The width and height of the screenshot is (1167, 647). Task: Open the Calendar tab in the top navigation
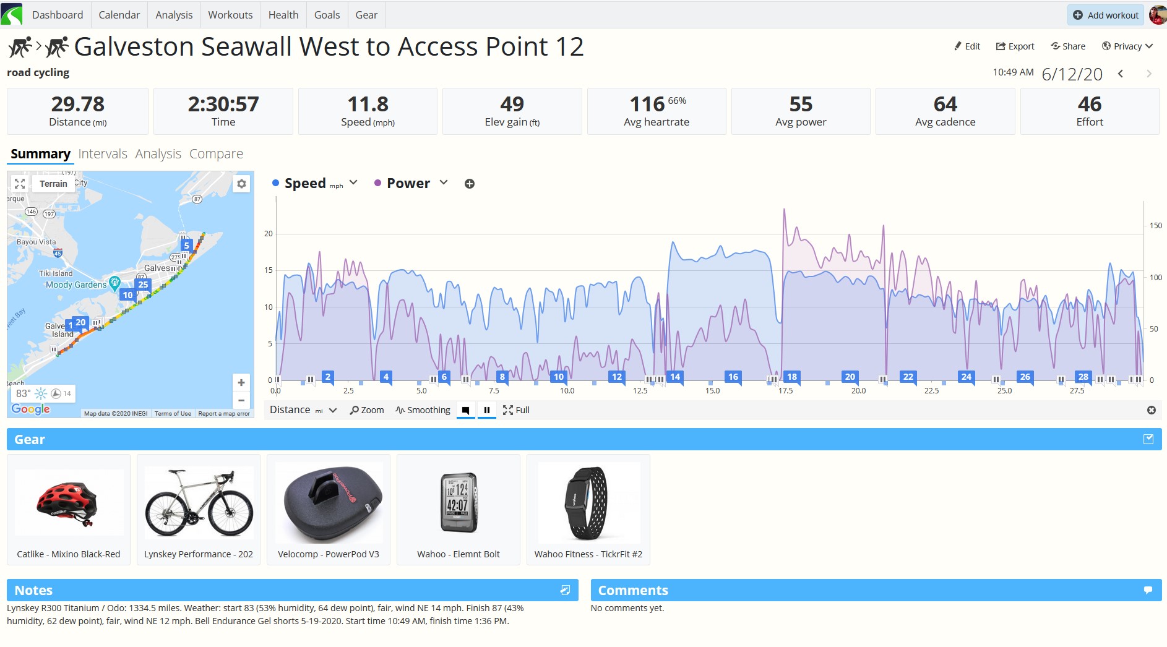pos(119,15)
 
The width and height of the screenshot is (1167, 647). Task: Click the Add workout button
pos(1105,15)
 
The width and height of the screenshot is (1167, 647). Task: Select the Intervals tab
pos(103,154)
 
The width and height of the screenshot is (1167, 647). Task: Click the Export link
pos(1015,46)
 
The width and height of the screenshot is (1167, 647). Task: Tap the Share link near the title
pos(1068,46)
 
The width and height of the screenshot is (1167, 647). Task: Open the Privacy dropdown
pos(1127,46)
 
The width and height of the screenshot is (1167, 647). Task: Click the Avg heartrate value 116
pos(647,104)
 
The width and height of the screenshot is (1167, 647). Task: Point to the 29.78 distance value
pos(78,104)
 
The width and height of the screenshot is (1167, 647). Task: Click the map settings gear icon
pos(241,184)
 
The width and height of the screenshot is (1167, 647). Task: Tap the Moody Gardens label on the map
pos(76,285)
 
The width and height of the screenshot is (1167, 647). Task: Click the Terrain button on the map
pos(53,184)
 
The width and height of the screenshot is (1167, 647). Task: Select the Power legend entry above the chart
pos(408,184)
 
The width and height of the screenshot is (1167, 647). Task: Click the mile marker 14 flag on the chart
pos(675,377)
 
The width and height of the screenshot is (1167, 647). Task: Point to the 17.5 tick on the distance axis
pos(785,391)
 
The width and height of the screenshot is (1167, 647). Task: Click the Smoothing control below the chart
pos(423,410)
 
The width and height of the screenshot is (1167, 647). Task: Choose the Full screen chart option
pos(516,410)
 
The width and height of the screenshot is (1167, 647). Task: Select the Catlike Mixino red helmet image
pos(69,502)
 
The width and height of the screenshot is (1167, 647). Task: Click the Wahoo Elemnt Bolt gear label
pos(459,554)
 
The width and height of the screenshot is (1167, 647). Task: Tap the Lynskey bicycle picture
pos(199,503)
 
